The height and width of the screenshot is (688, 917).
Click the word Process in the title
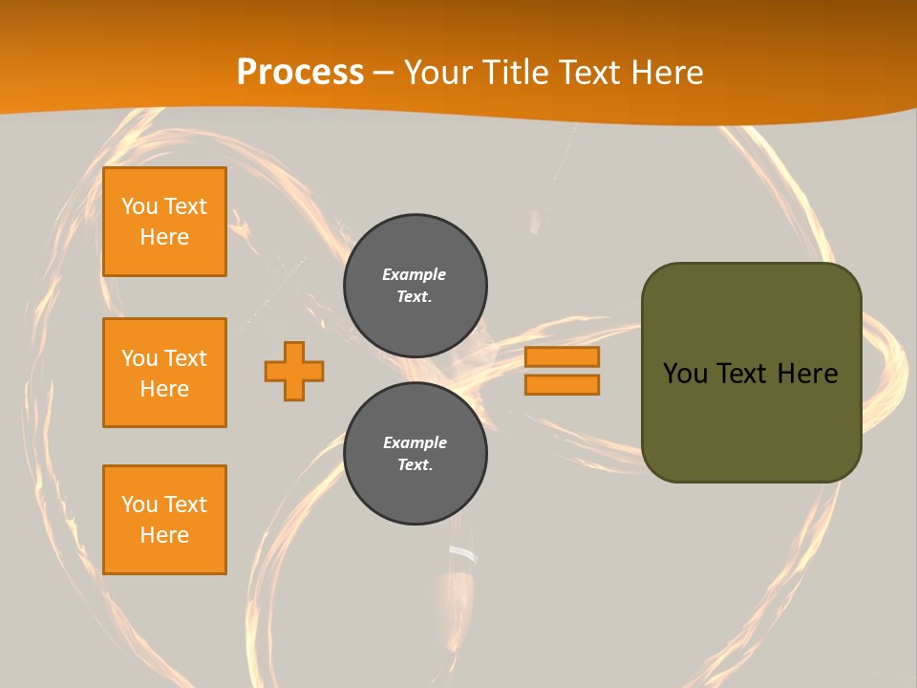pos(300,73)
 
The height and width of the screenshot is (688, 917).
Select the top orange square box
pos(164,222)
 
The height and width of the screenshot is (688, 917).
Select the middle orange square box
pos(164,373)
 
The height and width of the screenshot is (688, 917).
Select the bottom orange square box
pos(164,520)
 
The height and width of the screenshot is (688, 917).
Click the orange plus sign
pos(294,371)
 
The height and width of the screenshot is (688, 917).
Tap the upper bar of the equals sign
pos(562,356)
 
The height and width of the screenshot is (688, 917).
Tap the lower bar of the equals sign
pos(562,385)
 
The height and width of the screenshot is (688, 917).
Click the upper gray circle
pos(415,285)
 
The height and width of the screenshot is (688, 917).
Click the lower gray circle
pos(415,453)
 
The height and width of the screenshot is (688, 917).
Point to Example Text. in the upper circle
pos(415,285)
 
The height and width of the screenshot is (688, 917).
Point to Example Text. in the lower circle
pos(415,453)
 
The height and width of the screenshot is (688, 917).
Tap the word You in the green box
pos(685,374)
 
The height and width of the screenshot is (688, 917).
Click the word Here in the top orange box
pos(164,237)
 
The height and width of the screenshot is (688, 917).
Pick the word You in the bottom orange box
pos(139,504)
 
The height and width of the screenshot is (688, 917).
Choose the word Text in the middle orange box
pos(184,358)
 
